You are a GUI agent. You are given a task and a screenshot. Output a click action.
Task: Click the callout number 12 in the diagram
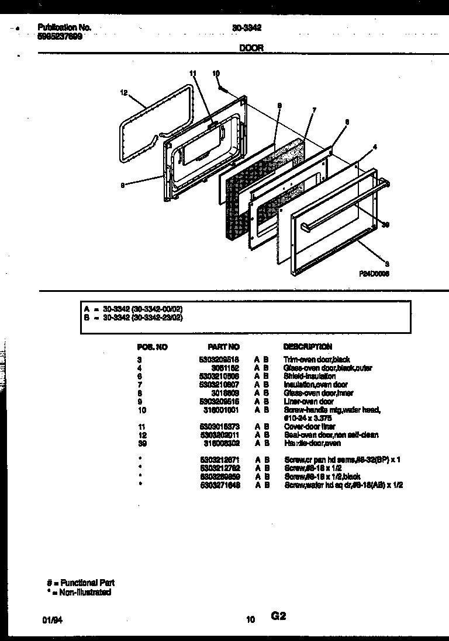(123, 92)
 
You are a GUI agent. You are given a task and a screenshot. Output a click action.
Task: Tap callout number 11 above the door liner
(194, 74)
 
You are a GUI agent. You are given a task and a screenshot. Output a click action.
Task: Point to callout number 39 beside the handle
(385, 225)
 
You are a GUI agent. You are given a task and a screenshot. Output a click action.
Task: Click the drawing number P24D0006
(374, 273)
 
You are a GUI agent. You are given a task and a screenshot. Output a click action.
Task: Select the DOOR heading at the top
(251, 48)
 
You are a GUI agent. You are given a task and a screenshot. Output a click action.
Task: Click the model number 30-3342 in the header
(243, 27)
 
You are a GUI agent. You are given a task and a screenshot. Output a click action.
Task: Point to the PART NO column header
(223, 347)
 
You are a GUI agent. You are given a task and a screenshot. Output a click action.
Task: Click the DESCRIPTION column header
(308, 347)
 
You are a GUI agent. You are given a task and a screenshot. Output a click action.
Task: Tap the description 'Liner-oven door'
(309, 402)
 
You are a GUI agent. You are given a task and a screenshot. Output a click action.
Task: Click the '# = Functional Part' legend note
(81, 583)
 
